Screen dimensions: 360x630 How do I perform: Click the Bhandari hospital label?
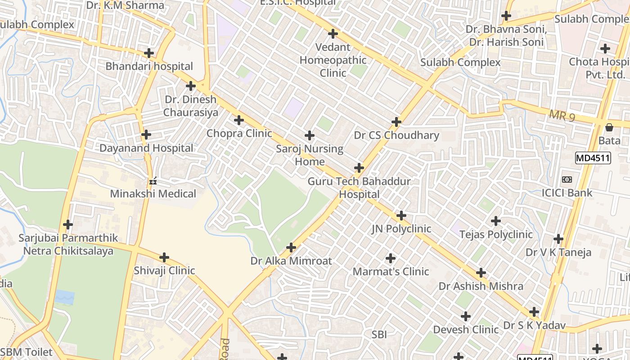tap(149, 67)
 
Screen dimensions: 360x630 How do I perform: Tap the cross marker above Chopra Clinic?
tap(239, 120)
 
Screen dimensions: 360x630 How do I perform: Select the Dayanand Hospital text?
tap(146, 148)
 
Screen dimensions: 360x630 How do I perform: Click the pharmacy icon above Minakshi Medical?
tap(153, 181)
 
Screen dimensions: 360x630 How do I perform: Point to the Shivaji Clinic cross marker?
tap(164, 257)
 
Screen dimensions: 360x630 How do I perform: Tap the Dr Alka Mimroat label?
tap(291, 261)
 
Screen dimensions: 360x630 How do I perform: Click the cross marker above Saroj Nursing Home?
tap(310, 135)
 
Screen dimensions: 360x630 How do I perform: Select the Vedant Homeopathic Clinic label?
tap(333, 60)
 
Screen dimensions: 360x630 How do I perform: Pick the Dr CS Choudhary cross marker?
tap(396, 121)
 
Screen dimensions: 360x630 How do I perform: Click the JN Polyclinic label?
tap(401, 229)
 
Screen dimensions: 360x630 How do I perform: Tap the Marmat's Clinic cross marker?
tap(391, 258)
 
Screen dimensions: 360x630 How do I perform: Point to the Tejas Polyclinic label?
tap(496, 234)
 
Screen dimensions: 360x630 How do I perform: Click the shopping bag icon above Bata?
tap(609, 127)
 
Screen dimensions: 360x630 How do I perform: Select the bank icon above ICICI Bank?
tap(567, 180)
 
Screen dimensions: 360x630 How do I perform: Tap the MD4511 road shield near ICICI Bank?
tap(593, 158)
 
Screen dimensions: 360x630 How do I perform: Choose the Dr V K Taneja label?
tap(558, 252)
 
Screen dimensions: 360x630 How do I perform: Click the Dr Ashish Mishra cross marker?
tap(481, 273)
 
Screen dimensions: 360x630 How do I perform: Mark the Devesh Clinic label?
tap(466, 329)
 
